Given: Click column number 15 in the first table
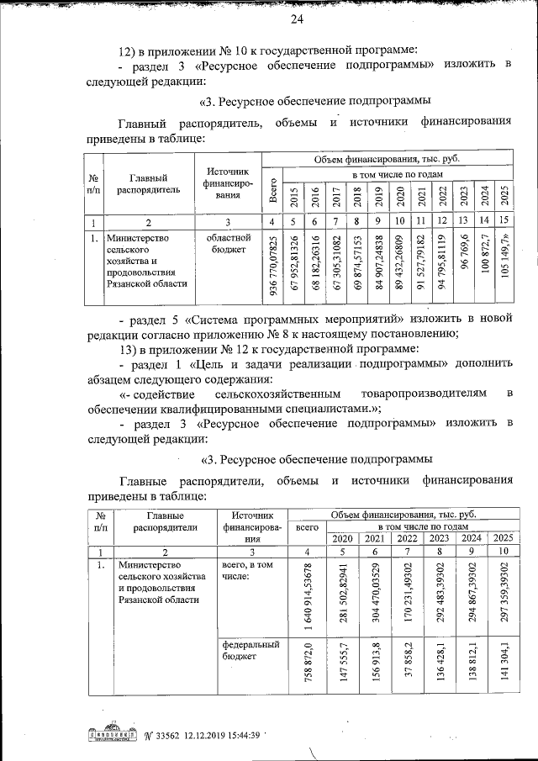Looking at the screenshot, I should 504,221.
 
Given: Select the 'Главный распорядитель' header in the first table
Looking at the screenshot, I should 148,183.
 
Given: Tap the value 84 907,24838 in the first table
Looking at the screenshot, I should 378,267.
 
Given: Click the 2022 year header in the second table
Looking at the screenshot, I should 407,539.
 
